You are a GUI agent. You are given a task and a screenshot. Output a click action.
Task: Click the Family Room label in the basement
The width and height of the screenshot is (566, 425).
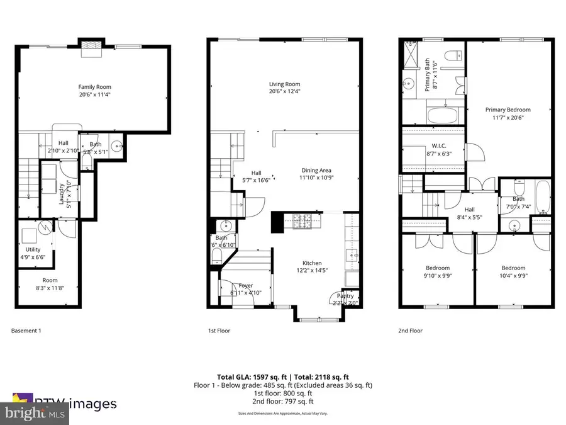(92, 86)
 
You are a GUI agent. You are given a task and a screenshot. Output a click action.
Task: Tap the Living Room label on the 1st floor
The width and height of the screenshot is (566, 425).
(284, 84)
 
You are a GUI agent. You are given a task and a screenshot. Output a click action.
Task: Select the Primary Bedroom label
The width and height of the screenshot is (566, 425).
(508, 110)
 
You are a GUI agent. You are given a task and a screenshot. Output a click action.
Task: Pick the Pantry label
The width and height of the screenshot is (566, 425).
(346, 295)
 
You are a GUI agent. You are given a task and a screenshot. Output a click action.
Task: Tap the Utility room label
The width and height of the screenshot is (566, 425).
(33, 250)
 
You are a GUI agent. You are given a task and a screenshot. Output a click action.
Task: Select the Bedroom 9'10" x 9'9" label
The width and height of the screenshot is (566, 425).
(438, 268)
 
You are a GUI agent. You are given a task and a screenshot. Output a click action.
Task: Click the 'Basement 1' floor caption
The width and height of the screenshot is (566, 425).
(27, 331)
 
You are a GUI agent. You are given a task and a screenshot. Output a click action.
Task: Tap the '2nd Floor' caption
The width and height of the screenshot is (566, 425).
(410, 331)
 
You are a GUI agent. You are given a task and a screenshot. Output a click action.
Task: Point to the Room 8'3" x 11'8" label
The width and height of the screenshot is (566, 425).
(50, 280)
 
